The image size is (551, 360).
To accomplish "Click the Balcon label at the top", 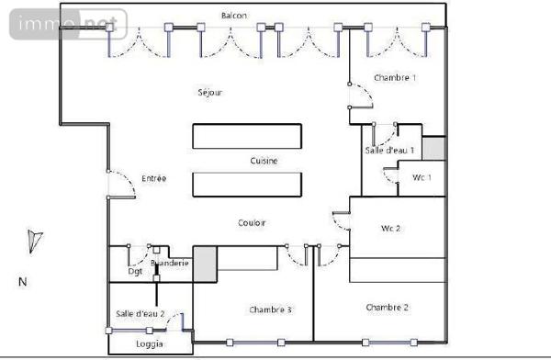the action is (233, 16).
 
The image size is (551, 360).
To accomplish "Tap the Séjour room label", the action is (210, 93).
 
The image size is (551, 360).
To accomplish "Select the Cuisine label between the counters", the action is (264, 161).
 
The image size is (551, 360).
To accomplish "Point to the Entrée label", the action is (153, 178).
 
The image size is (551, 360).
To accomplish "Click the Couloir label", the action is (252, 223).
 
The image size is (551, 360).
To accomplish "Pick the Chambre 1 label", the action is (395, 78).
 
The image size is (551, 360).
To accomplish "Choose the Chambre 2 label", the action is (387, 307).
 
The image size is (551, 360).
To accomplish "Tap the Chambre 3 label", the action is (271, 310).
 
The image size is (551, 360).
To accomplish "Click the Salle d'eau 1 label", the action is (389, 150).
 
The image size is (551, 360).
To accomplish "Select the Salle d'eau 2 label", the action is (141, 314).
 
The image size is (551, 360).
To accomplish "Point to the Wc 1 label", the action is (422, 176).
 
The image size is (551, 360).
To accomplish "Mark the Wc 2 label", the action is (391, 228).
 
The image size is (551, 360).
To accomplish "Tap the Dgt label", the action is (135, 272).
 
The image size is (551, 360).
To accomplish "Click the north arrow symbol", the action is (34, 240).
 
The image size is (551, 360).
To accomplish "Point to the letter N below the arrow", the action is (23, 282).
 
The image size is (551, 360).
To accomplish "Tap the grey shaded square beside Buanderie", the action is (203, 264).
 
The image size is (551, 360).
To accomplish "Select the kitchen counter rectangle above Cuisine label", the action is (246, 136).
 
